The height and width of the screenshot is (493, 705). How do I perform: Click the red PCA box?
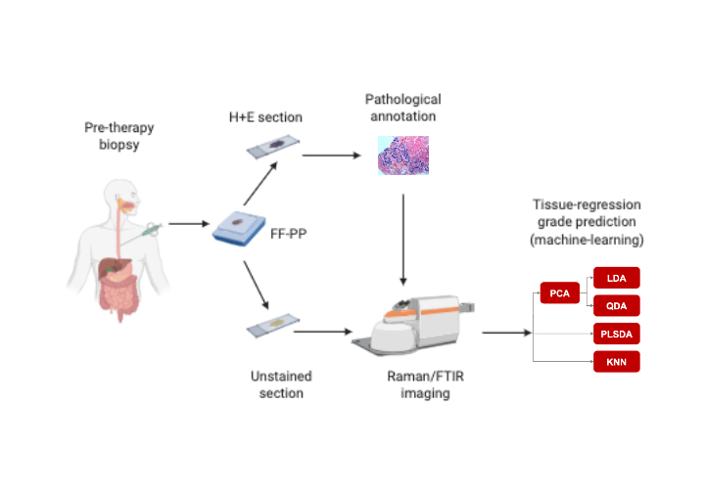click(559, 291)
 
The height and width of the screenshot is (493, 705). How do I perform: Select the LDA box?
click(616, 278)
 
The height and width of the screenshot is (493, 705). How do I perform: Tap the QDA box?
click(616, 304)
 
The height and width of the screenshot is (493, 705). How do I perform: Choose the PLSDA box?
click(616, 334)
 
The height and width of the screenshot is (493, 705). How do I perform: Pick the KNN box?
click(616, 362)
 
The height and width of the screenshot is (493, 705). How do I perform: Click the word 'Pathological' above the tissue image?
click(402, 99)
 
